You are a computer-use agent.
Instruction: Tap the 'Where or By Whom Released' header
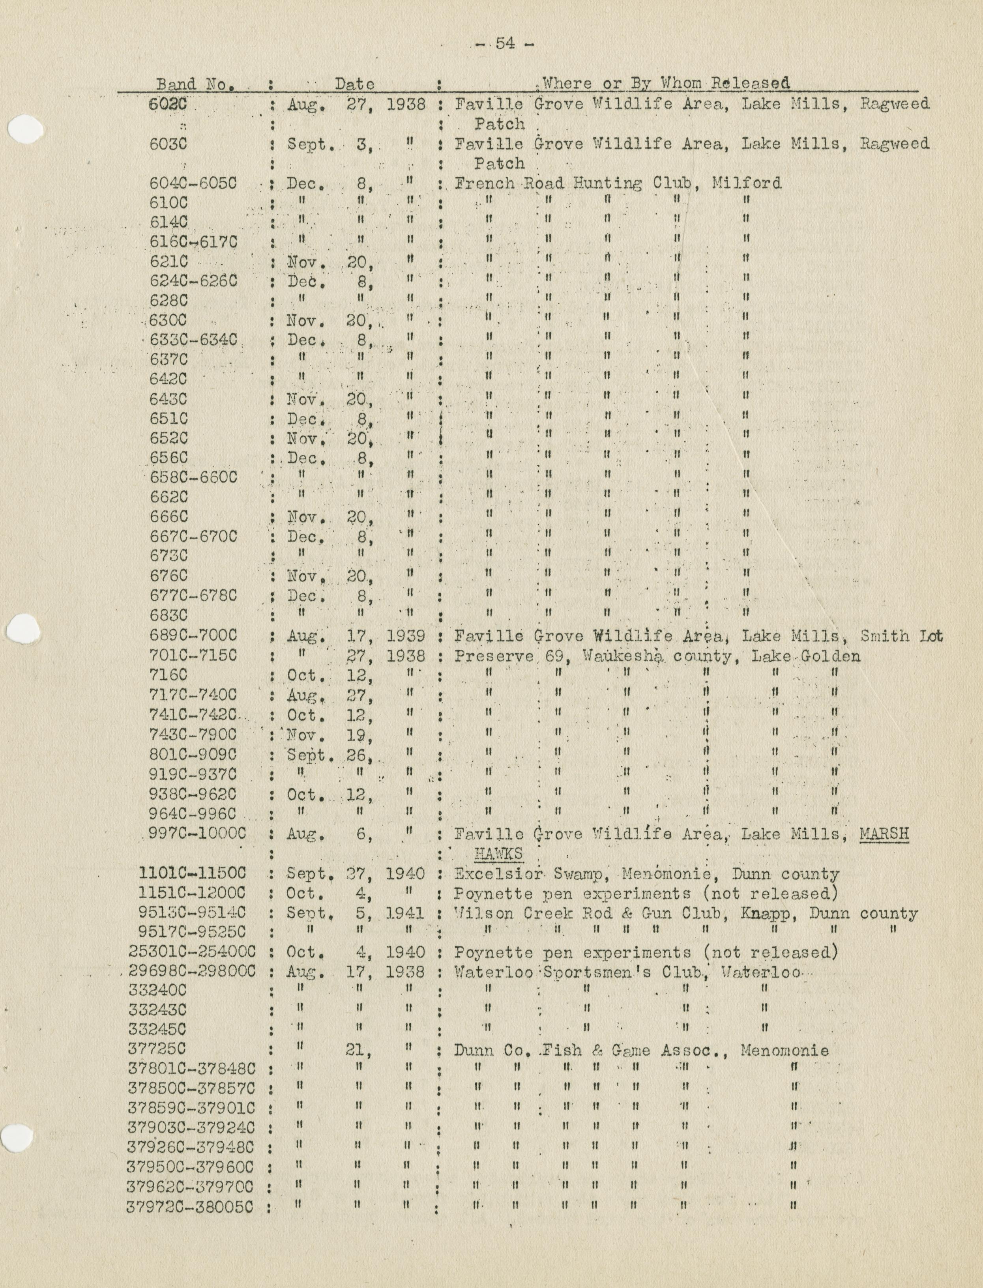[x=665, y=83]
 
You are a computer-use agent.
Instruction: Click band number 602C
[x=168, y=104]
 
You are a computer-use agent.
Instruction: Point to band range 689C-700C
[x=193, y=636]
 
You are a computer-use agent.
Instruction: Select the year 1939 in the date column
[x=406, y=636]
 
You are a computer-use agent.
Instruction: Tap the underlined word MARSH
[x=884, y=834]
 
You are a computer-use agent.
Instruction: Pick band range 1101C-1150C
[x=193, y=874]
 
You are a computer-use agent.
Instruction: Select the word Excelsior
[x=503, y=875]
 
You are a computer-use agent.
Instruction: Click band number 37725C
[x=158, y=1050]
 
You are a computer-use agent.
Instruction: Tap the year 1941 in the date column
[x=406, y=913]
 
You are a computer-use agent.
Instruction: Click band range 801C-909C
[x=193, y=755]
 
